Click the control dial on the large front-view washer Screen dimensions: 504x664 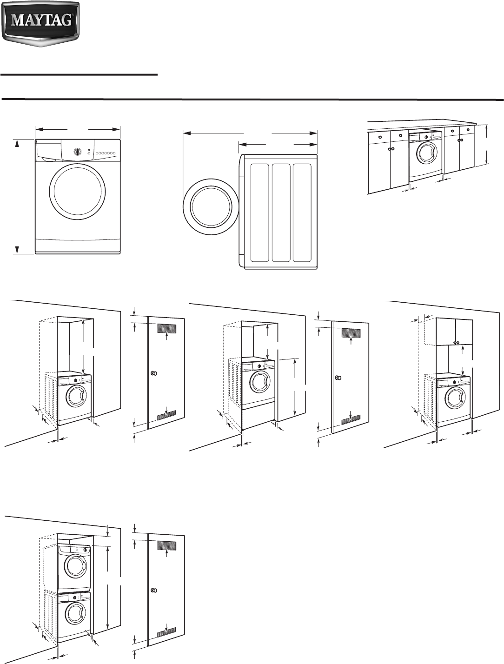pyautogui.click(x=78, y=152)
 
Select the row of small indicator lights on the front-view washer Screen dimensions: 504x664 pyautogui.click(x=106, y=153)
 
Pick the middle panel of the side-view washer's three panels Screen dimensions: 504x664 pyautogui.click(x=281, y=212)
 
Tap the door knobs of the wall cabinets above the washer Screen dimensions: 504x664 pyautogui.click(x=456, y=343)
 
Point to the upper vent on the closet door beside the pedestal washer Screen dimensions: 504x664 pyautogui.click(x=351, y=333)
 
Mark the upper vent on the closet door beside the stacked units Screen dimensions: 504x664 pyautogui.click(x=167, y=545)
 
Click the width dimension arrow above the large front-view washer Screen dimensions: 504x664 pyautogui.click(x=78, y=130)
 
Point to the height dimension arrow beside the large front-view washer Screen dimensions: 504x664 pyautogui.click(x=17, y=197)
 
